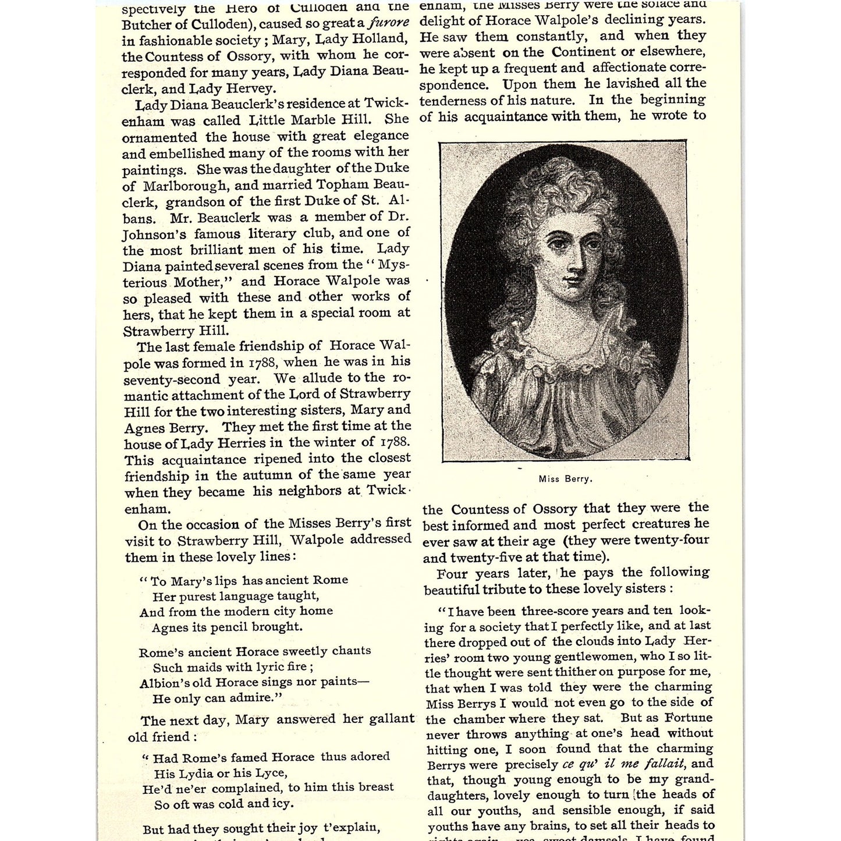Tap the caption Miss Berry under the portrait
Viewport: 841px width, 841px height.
(565, 479)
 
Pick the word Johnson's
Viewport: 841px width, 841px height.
(153, 235)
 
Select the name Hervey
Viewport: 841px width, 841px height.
(253, 88)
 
